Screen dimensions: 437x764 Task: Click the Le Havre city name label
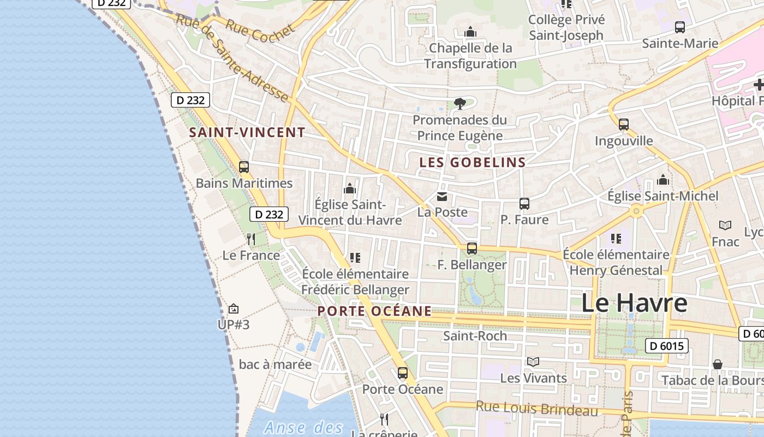tap(634, 303)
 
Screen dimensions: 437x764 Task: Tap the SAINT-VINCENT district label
tap(247, 132)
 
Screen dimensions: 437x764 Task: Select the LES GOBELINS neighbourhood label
tap(473, 162)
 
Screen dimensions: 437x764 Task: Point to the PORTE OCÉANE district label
tap(374, 311)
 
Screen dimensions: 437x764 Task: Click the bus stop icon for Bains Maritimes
tap(244, 167)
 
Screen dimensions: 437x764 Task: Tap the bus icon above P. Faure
tap(524, 204)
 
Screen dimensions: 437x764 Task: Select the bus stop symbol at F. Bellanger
tap(472, 249)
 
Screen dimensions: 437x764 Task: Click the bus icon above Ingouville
tap(624, 125)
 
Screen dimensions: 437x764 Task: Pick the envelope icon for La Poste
tap(442, 197)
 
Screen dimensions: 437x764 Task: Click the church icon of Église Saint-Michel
tap(663, 180)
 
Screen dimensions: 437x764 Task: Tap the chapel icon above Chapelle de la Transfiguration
tap(470, 32)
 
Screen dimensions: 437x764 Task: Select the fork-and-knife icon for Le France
tap(251, 239)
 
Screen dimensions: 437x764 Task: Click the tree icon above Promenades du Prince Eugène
tap(459, 103)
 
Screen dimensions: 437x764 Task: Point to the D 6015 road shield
tap(666, 346)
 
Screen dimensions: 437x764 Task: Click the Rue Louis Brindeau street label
tap(537, 408)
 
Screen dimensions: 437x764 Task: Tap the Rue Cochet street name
tap(260, 31)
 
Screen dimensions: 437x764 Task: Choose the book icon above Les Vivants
tap(533, 362)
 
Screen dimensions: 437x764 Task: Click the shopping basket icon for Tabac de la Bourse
tap(718, 364)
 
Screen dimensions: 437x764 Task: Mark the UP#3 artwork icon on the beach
tap(234, 309)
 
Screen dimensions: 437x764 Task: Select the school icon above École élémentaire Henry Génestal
tap(616, 239)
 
